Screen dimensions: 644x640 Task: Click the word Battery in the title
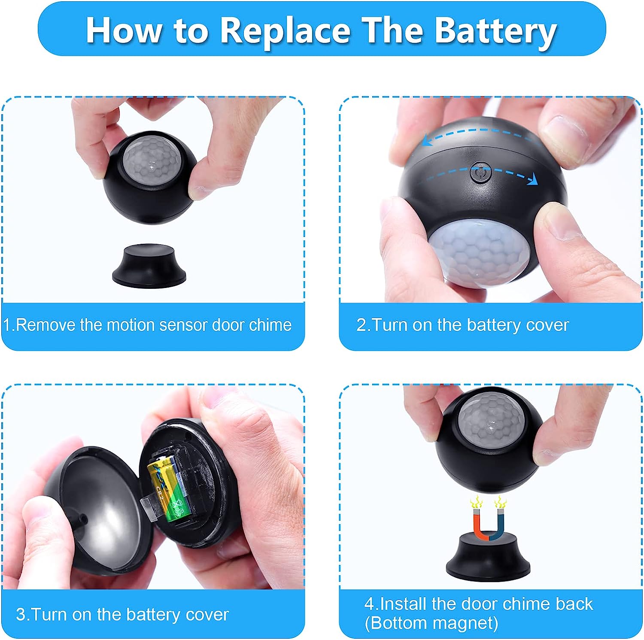click(x=496, y=31)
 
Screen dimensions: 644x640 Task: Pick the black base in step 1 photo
click(x=149, y=265)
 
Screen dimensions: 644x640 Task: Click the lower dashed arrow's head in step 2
click(x=533, y=179)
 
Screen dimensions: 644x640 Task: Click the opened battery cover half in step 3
click(x=94, y=511)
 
